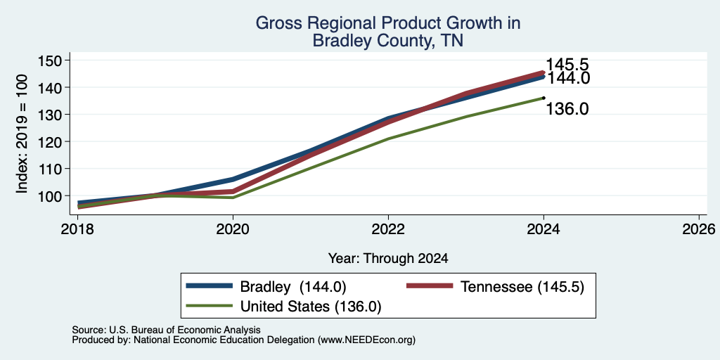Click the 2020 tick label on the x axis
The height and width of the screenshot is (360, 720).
233,229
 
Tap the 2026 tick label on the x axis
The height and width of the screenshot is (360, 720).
699,229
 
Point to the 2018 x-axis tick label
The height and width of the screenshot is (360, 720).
77,229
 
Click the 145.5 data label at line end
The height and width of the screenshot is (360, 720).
567,65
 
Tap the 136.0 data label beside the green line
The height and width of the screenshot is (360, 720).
567,109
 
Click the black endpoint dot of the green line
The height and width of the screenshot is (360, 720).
544,97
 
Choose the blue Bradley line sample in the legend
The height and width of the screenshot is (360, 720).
210,286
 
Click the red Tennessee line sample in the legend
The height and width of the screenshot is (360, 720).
430,286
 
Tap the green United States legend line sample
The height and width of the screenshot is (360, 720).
210,306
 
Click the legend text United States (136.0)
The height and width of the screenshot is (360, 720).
311,307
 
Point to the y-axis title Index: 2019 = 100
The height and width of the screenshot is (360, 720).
22,134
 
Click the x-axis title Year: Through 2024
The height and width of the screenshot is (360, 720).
388,259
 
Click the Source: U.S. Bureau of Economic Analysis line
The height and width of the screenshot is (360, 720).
166,330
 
